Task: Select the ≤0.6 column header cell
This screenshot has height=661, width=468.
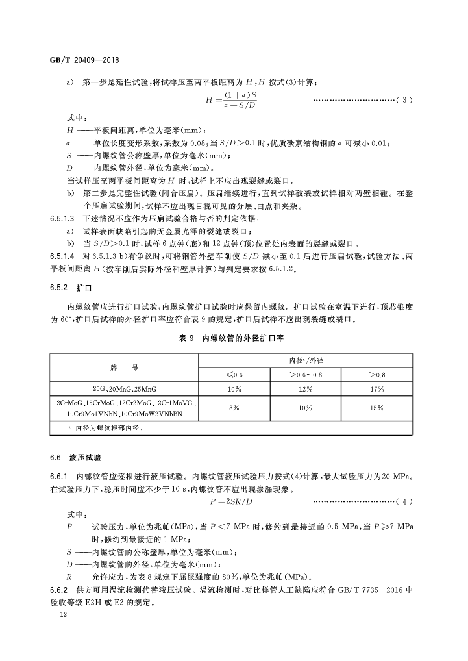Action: tap(234, 375)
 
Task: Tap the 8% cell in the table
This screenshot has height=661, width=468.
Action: tap(234, 408)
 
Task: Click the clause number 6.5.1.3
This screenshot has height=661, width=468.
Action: tap(62, 221)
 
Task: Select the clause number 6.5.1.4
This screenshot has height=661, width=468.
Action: tap(62, 255)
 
